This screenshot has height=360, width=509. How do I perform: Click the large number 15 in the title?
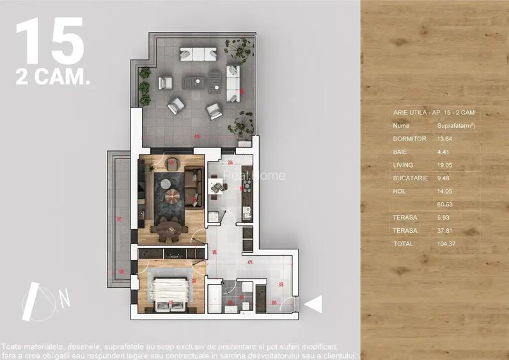pos(50,42)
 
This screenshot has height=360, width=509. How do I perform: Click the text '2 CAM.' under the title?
pos(52,79)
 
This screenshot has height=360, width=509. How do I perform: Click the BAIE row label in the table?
pos(400,152)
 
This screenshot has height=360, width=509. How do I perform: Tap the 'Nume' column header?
pos(402,125)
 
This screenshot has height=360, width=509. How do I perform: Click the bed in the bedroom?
pos(171,292)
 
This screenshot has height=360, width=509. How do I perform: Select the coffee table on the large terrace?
pos(196,82)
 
